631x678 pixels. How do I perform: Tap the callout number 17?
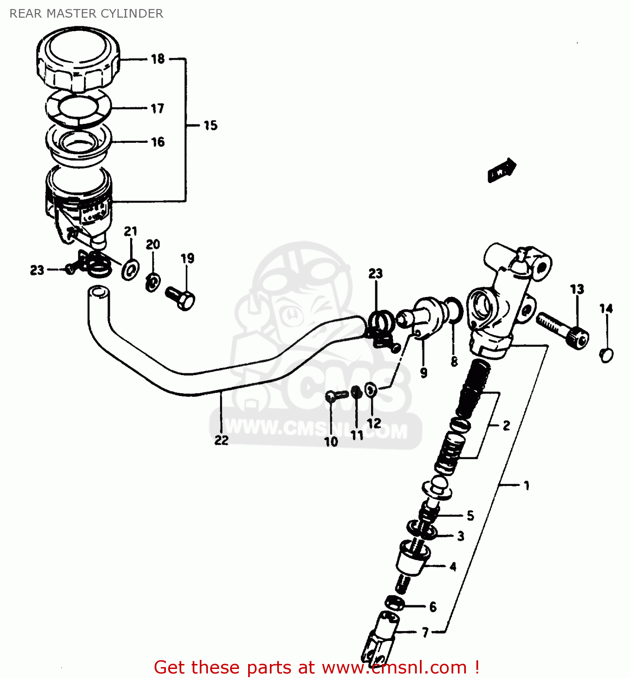pyautogui.click(x=157, y=108)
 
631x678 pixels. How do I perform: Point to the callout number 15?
pyautogui.click(x=210, y=125)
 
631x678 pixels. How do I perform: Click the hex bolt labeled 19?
pyautogui.click(x=181, y=298)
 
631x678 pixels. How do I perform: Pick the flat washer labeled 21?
pyautogui.click(x=130, y=270)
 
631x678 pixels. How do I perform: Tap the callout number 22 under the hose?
pyautogui.click(x=221, y=440)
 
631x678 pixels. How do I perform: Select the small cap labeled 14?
pyautogui.click(x=606, y=354)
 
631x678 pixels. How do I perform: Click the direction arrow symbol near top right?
pyautogui.click(x=502, y=169)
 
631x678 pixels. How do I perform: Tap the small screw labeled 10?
pyautogui.click(x=333, y=397)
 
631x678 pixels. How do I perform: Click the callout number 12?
pyautogui.click(x=374, y=423)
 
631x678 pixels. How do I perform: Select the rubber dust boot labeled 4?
pyautogui.click(x=412, y=560)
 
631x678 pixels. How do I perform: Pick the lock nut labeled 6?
pyautogui.click(x=394, y=603)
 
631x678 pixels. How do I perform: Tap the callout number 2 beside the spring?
pyautogui.click(x=506, y=425)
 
